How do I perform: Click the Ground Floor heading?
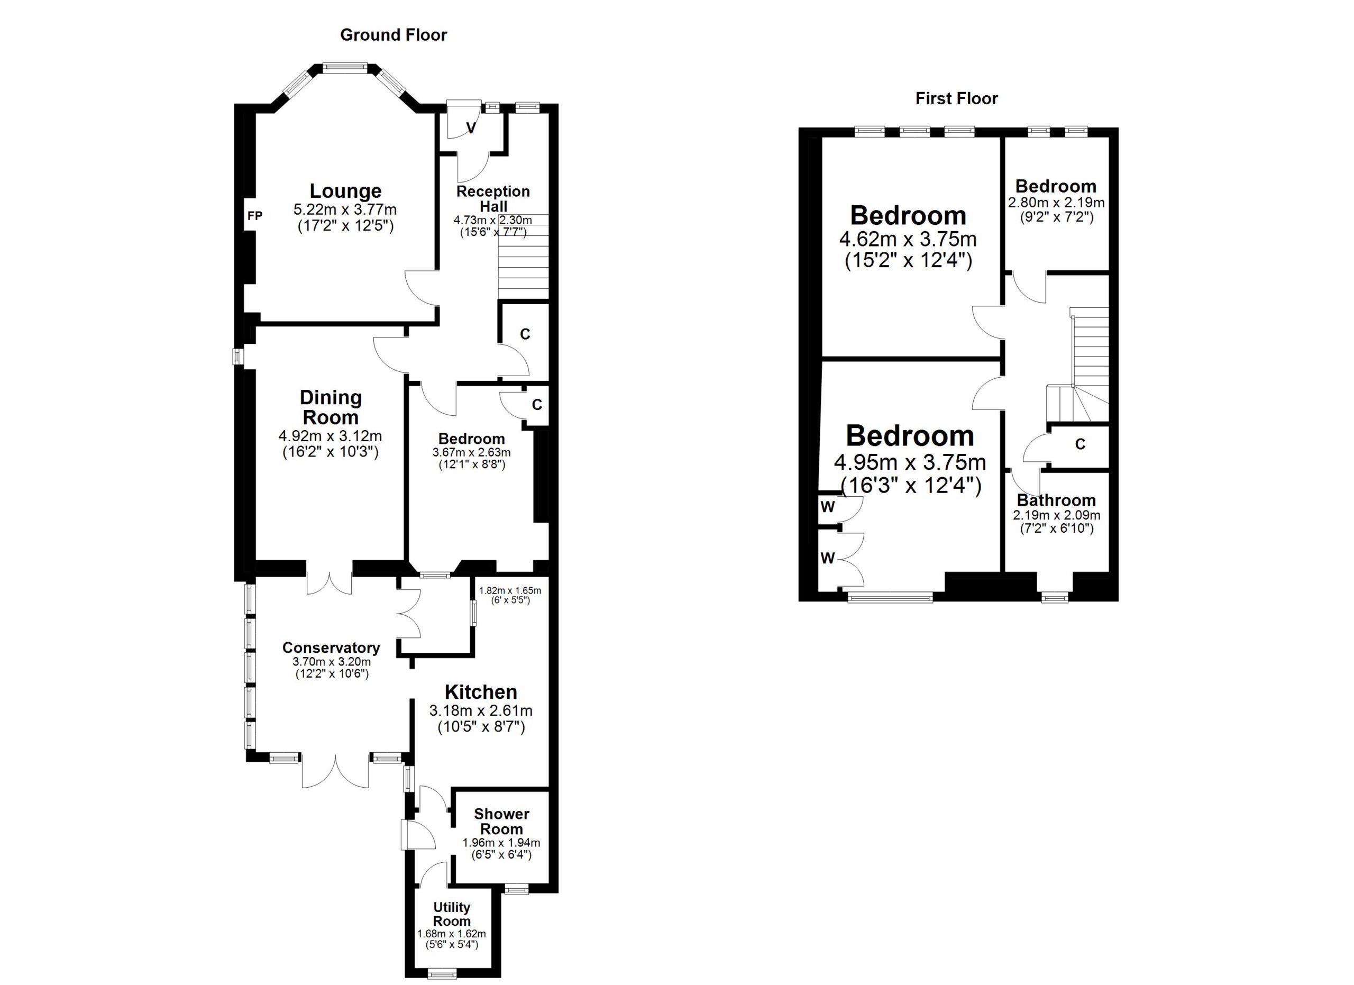(393, 35)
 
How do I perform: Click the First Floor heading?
(956, 98)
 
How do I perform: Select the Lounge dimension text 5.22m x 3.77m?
(345, 209)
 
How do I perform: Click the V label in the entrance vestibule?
(471, 129)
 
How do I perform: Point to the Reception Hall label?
(493, 198)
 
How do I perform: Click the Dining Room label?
(330, 407)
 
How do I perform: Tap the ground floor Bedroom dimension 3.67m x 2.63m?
(471, 452)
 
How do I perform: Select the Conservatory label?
(331, 647)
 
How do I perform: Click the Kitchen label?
(481, 692)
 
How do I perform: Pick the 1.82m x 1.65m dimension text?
(510, 591)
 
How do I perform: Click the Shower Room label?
(501, 822)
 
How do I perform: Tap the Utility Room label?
(451, 914)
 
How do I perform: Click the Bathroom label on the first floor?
(1056, 500)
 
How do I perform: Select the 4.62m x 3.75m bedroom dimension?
(908, 240)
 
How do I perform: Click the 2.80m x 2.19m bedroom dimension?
(1056, 203)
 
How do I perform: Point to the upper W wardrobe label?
(827, 507)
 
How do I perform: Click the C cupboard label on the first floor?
(1080, 444)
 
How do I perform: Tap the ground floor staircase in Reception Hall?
(523, 263)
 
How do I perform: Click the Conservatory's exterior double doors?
(335, 771)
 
